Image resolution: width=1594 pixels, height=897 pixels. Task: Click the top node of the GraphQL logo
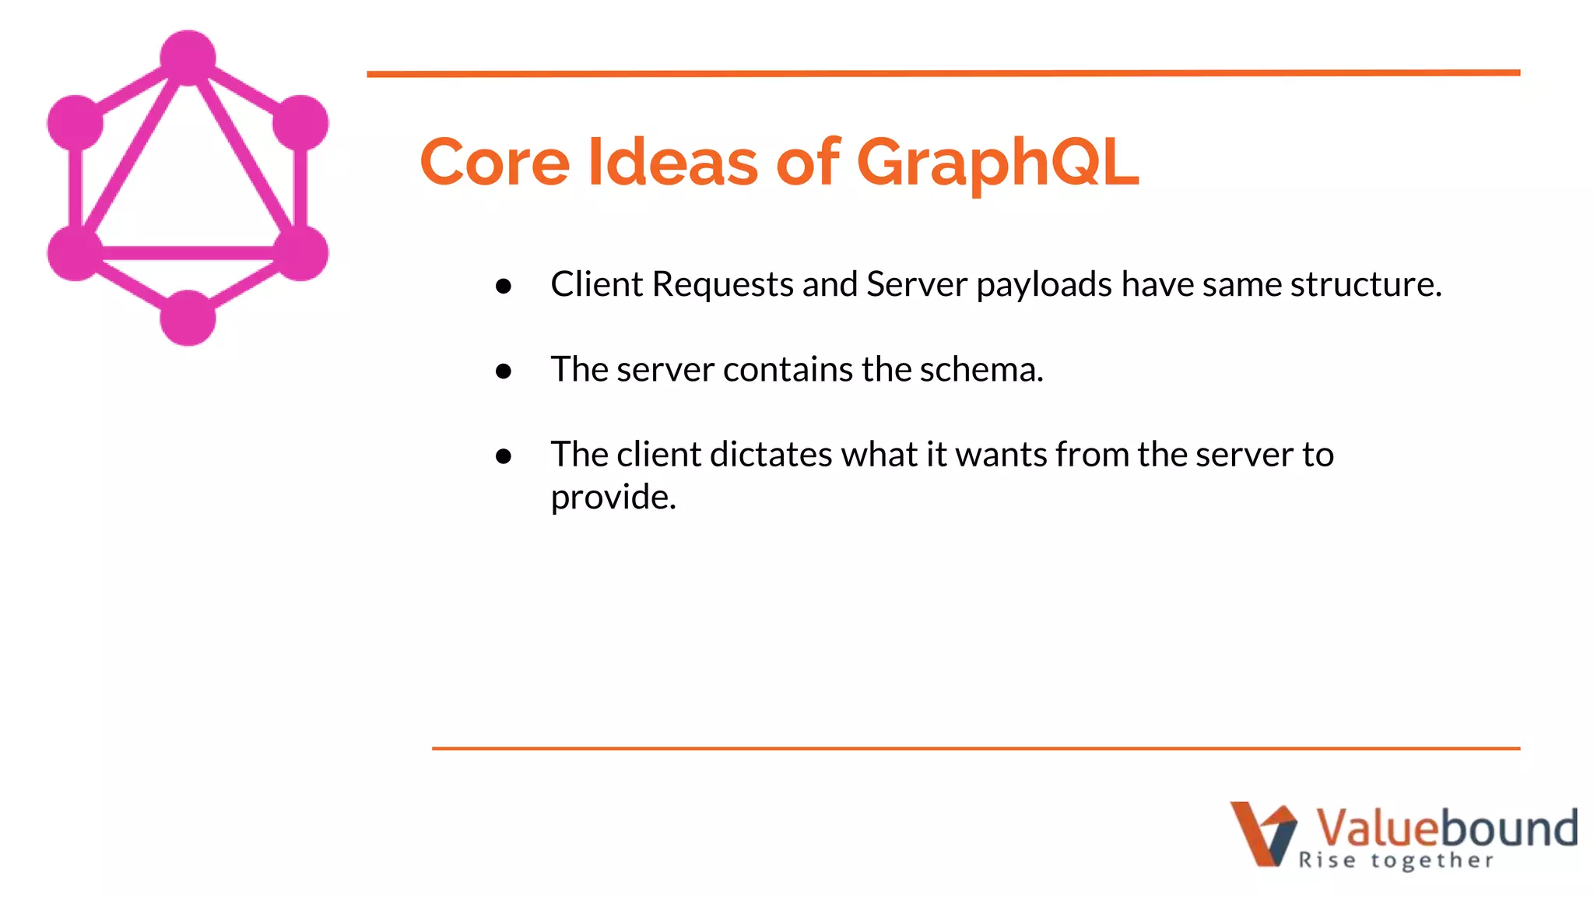coord(188,58)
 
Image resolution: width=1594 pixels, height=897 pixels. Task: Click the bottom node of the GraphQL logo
coord(188,318)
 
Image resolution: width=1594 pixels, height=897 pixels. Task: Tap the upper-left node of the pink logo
coord(75,123)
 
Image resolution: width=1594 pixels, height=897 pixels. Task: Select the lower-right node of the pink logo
coord(300,252)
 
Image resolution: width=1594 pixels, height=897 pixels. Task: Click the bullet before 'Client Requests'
coord(504,286)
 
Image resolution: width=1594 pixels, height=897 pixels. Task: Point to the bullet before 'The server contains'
coord(504,371)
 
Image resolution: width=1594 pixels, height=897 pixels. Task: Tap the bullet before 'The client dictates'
coord(504,456)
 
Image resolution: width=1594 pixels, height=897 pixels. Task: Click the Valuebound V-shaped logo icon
coord(1262,833)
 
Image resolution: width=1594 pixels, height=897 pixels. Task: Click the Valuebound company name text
coord(1446,827)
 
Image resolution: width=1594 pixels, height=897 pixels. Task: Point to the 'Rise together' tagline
coord(1396,860)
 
